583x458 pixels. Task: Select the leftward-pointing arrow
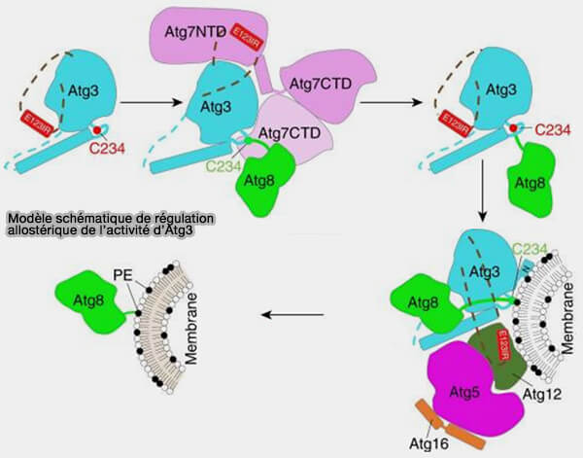click(x=295, y=314)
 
